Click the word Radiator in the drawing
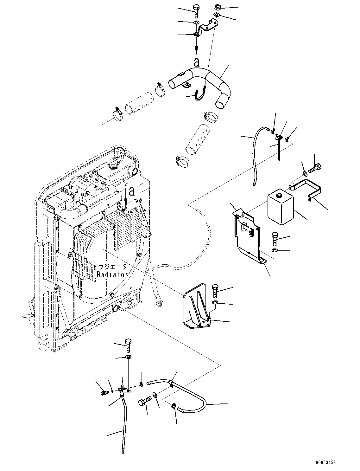click(112, 274)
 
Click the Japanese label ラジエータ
click(112, 267)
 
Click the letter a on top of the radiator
click(132, 192)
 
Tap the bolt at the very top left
click(196, 11)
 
